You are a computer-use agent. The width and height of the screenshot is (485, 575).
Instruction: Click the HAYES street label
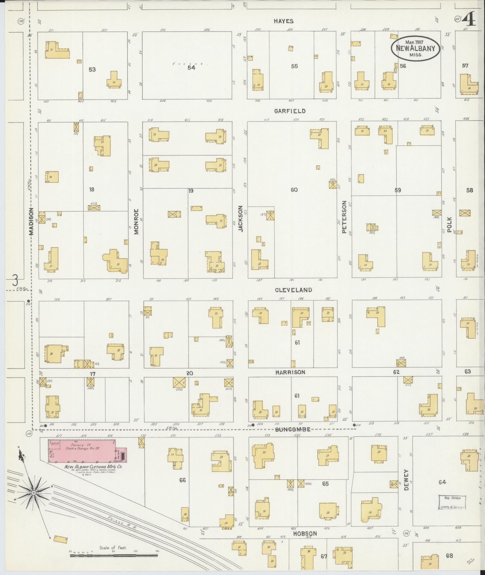click(x=283, y=21)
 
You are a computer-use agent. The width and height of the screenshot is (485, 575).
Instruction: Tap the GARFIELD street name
click(x=290, y=111)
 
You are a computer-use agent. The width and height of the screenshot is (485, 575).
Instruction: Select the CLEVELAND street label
click(x=293, y=290)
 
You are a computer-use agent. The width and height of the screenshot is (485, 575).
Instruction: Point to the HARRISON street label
click(x=290, y=372)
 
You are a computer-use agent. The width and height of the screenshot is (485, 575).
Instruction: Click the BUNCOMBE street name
click(x=293, y=430)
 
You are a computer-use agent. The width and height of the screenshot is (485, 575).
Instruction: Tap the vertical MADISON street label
click(x=32, y=222)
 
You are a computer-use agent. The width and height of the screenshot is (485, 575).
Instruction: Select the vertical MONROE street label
click(x=136, y=222)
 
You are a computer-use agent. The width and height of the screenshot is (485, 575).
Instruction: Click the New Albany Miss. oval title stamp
click(x=416, y=49)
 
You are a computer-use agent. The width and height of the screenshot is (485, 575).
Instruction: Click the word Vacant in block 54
click(x=188, y=63)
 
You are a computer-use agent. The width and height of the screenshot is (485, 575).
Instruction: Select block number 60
click(x=294, y=190)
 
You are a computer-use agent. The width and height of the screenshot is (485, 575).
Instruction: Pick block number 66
click(x=182, y=480)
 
